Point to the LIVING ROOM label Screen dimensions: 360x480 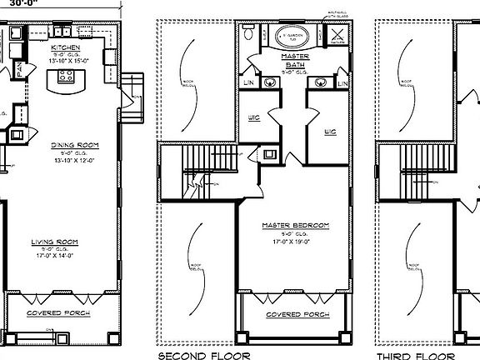[x=55, y=242]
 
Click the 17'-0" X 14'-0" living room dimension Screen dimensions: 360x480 [x=55, y=257]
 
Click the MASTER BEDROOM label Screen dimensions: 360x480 [x=295, y=225]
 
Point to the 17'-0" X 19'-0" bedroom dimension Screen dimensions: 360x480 [x=295, y=242]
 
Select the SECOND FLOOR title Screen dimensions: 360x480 [x=196, y=353]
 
